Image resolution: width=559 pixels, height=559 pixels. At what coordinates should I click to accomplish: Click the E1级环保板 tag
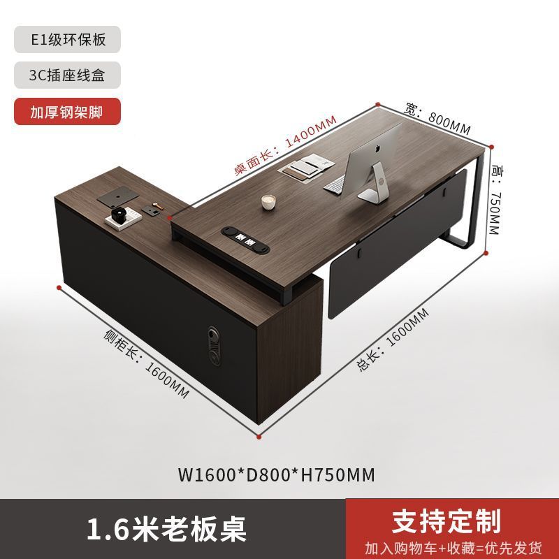67,39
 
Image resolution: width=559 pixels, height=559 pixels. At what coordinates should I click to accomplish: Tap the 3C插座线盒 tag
67,75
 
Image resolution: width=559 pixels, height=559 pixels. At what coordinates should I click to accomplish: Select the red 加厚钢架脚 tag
67,111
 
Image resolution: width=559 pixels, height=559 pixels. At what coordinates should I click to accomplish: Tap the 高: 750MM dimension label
495,200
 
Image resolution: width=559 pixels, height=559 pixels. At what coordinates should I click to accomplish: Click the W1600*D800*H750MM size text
277,475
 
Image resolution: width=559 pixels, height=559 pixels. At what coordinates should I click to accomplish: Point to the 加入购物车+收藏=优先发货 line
453,546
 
